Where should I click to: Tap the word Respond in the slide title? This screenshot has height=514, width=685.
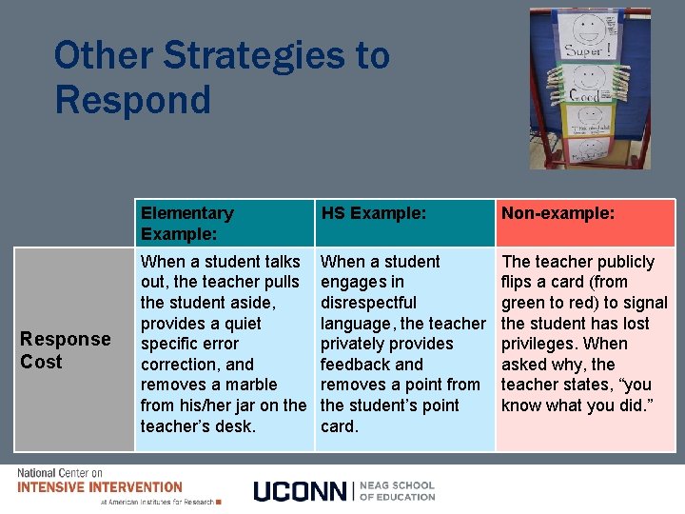132,99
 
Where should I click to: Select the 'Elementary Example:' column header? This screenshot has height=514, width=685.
186,223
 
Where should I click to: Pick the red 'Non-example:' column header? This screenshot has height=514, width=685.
558,213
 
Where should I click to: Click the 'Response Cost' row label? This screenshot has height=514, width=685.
66,350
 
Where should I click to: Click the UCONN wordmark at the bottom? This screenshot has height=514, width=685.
302,491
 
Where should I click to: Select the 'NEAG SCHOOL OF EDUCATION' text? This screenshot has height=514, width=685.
398,490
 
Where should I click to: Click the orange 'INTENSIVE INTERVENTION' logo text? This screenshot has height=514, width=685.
100,486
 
